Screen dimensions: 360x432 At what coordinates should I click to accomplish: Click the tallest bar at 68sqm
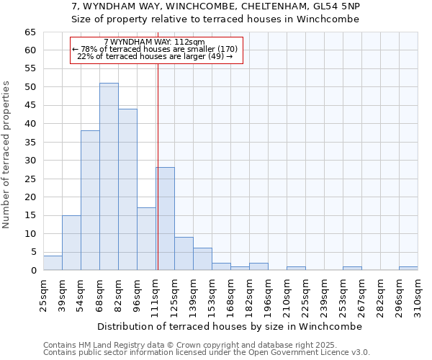tap(109, 176)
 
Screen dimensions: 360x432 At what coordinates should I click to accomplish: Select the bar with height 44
tap(127, 189)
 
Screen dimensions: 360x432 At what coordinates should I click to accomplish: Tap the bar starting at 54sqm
tap(90, 200)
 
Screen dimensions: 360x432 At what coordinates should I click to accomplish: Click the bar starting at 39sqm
tap(71, 243)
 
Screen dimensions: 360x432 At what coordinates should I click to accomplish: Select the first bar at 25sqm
tap(53, 263)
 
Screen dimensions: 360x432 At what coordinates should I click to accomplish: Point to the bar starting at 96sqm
tap(146, 239)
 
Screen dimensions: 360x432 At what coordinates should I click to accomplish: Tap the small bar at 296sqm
tap(408, 268)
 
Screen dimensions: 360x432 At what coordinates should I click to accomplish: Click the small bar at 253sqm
tap(352, 268)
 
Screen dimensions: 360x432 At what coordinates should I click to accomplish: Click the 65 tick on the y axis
tap(30, 32)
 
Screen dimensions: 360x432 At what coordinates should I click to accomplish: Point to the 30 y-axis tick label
tap(30, 161)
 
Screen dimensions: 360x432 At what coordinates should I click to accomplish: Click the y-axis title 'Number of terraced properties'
tap(7, 155)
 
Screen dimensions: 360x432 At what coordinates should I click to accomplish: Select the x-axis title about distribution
tap(230, 326)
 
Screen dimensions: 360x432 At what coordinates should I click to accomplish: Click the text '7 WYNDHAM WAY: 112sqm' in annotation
tap(154, 42)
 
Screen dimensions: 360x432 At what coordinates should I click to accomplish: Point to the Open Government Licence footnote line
tap(207, 353)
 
